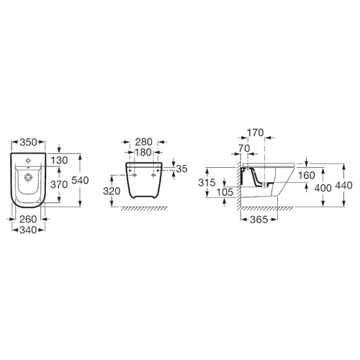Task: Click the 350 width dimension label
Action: tap(28, 142)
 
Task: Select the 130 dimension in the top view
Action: tap(59, 161)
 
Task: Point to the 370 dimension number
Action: tap(59, 184)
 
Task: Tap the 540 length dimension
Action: tap(80, 180)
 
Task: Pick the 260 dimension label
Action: tap(28, 219)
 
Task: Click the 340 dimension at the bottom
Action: tap(28, 230)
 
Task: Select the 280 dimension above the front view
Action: tap(143, 142)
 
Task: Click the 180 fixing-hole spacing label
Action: tap(143, 152)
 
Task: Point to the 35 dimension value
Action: tap(181, 168)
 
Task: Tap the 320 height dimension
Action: tap(112, 191)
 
